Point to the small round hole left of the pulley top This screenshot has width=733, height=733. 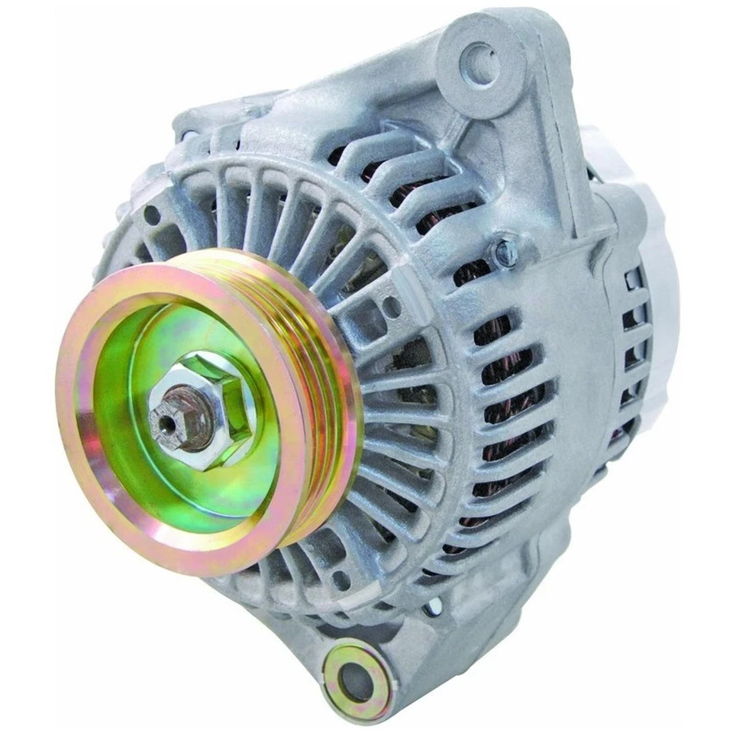152,215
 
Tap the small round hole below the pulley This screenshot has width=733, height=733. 341,580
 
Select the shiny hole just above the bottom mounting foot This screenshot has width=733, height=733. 433,607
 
